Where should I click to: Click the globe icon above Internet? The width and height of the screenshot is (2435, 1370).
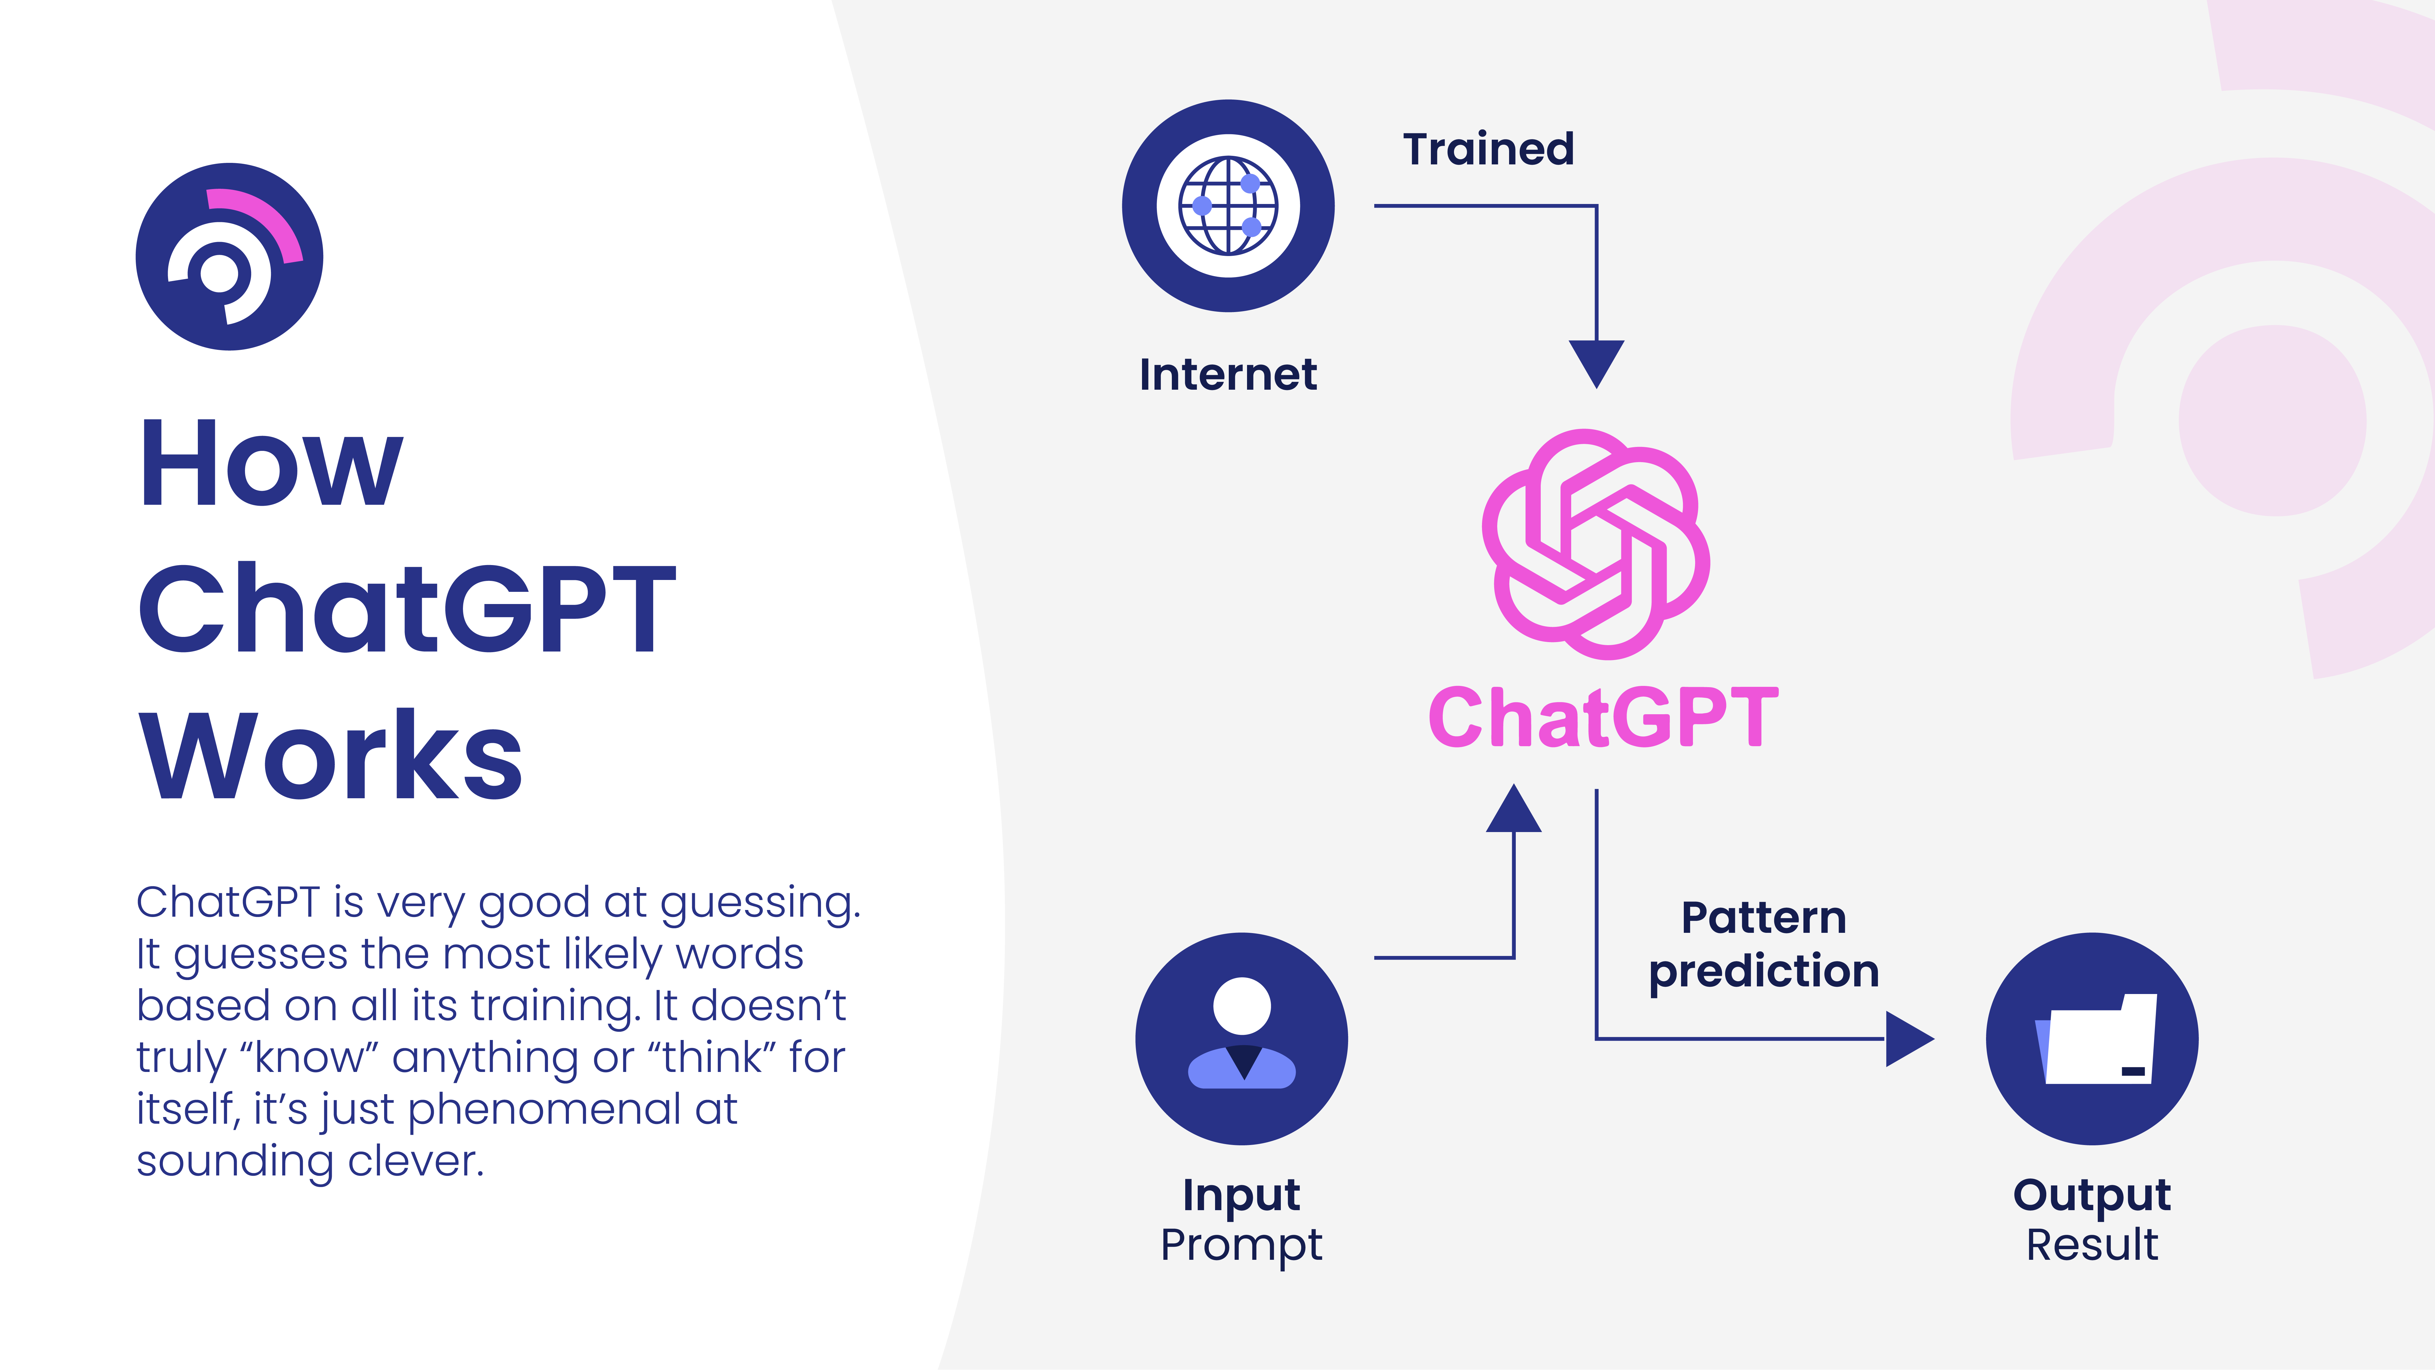(1228, 205)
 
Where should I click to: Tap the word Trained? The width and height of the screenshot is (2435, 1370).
(1488, 149)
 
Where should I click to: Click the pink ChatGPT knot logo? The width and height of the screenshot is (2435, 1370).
(1596, 544)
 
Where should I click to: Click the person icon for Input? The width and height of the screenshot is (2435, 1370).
(1241, 1038)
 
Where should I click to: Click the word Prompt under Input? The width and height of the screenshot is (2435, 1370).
(1241, 1245)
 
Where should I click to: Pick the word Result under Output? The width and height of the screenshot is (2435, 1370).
(2092, 1245)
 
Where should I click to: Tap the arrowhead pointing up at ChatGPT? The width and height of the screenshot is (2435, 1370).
(1513, 809)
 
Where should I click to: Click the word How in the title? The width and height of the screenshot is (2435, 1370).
(271, 464)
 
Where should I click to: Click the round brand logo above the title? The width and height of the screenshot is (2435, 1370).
(230, 256)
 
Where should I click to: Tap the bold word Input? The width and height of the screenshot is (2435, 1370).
(1241, 1195)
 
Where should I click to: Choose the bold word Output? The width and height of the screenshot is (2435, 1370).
(2092, 1195)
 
